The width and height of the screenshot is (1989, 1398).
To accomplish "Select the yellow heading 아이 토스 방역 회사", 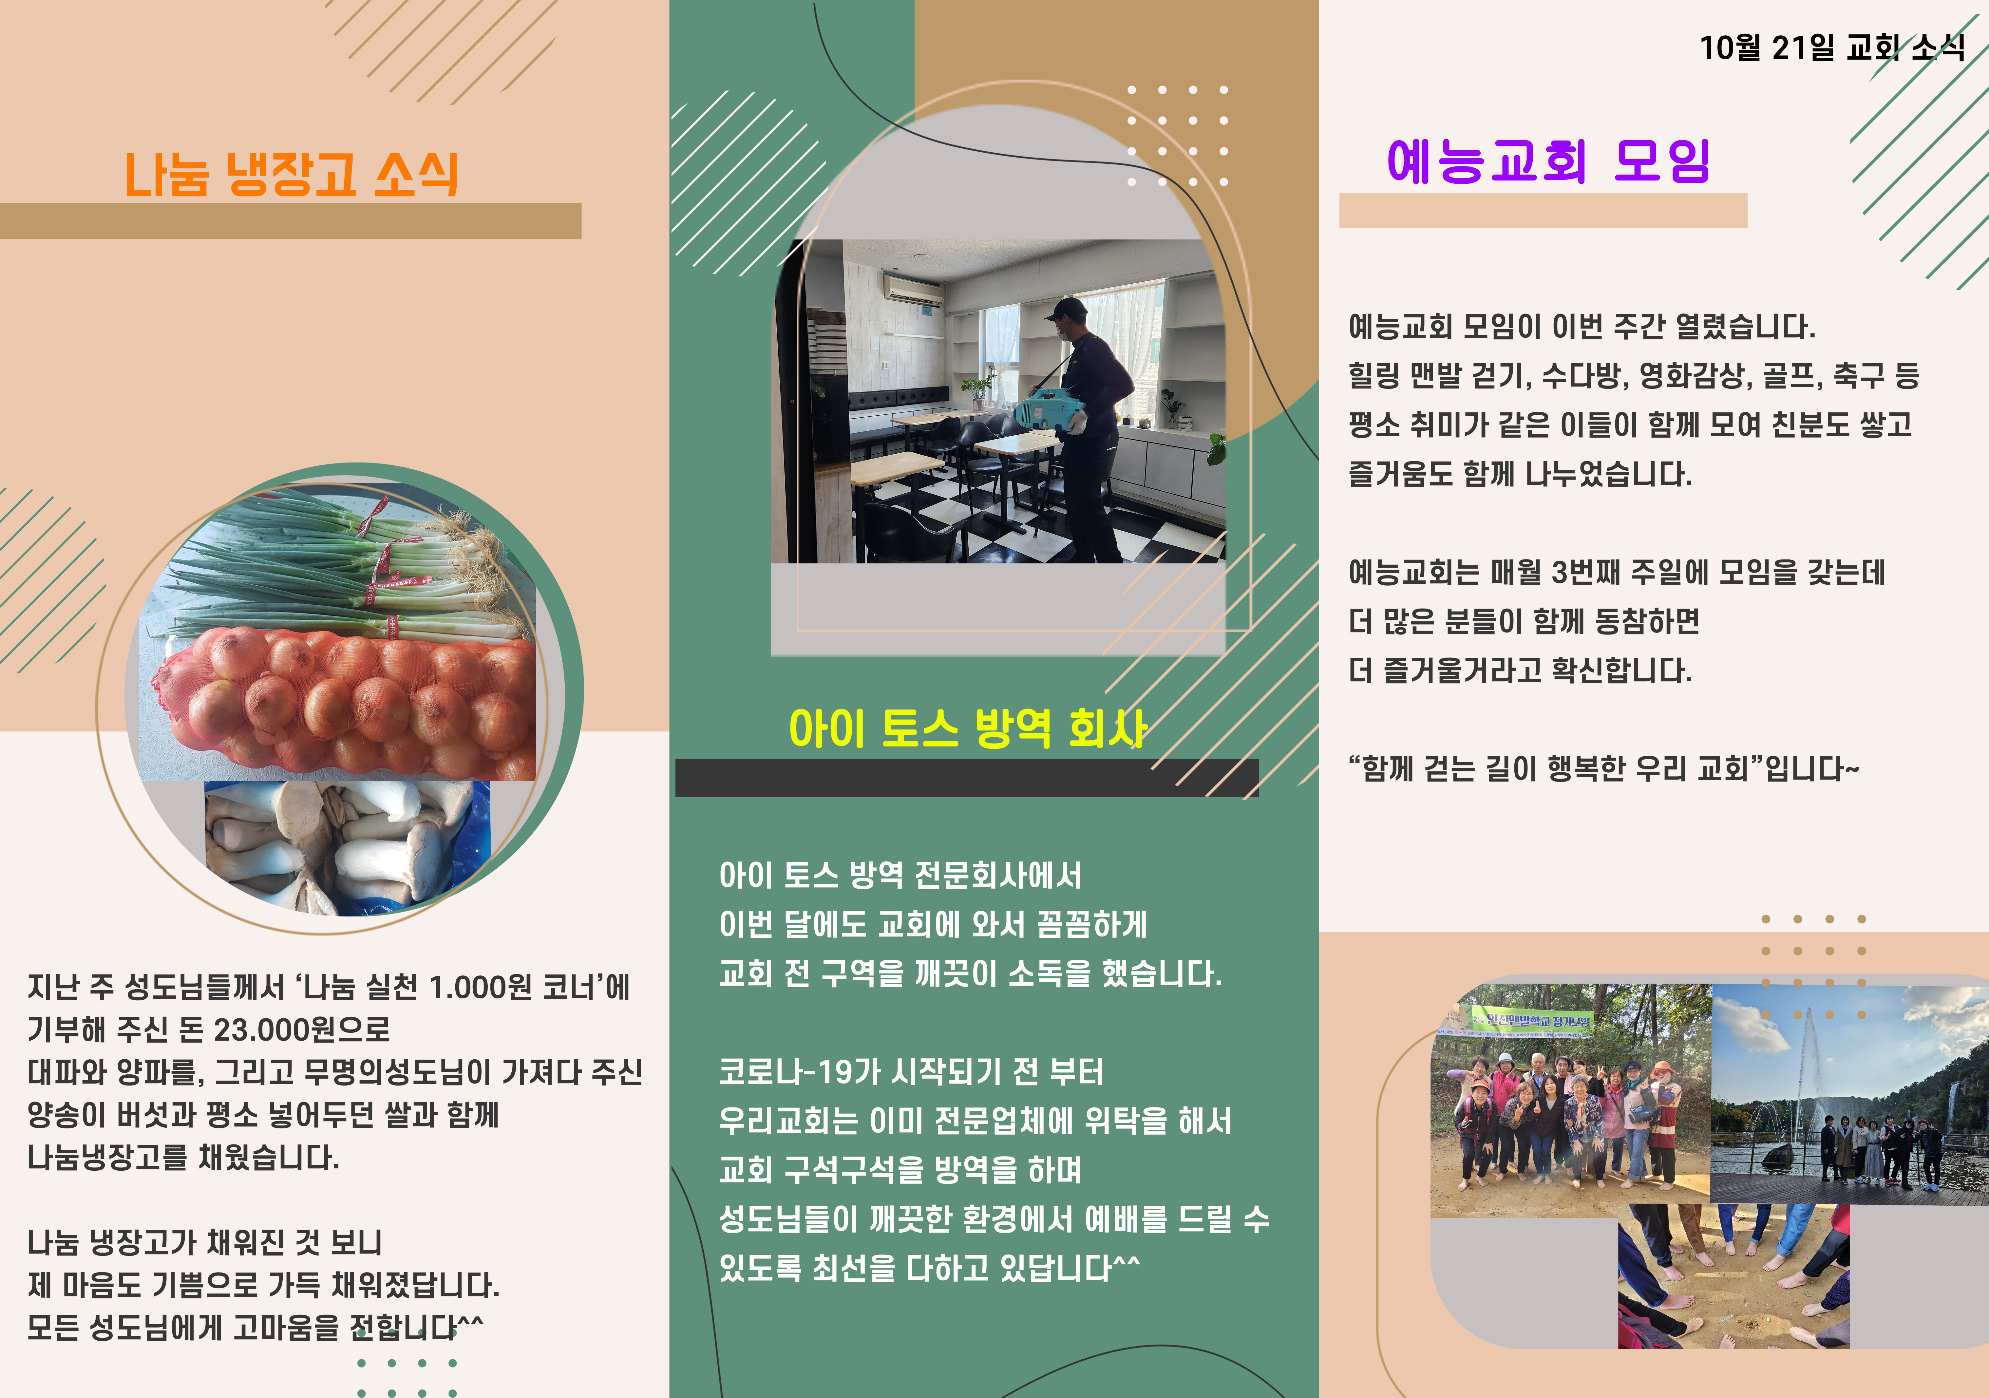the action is (x=968, y=728).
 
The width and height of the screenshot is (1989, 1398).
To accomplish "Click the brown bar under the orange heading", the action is (x=290, y=221).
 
